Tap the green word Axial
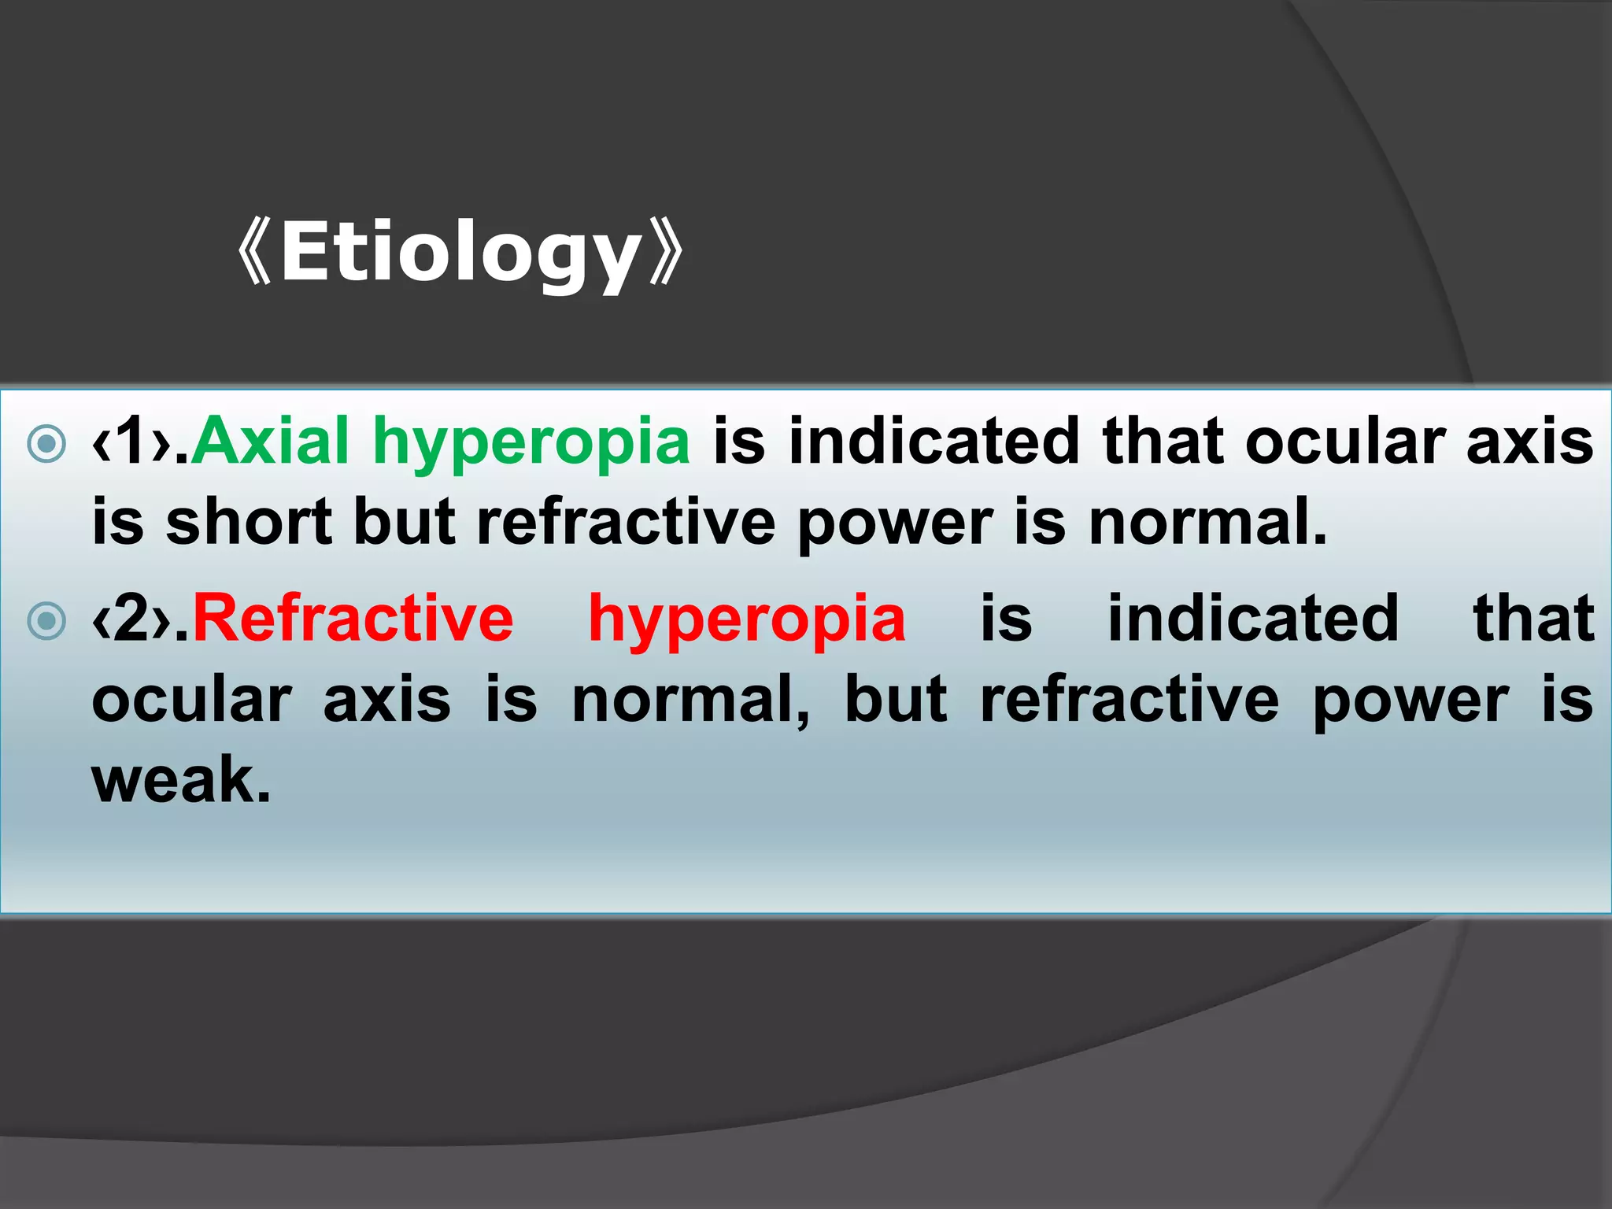[270, 442]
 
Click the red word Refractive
[353, 619]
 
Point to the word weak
[180, 780]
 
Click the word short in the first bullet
[249, 523]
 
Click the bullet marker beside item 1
[46, 443]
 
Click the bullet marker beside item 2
[46, 621]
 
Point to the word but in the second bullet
[895, 701]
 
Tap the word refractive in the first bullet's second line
[626, 523]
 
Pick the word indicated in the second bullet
[1253, 619]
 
